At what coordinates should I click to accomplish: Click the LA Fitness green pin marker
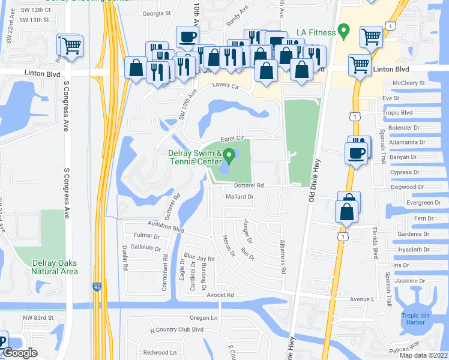coord(343,29)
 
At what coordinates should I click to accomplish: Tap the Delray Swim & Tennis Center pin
coord(229,157)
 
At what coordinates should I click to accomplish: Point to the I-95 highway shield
coord(97,287)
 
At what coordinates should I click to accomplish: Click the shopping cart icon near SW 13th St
coord(71,45)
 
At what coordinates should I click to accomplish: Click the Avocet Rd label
coord(220,295)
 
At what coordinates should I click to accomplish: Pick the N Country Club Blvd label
coord(176,329)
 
